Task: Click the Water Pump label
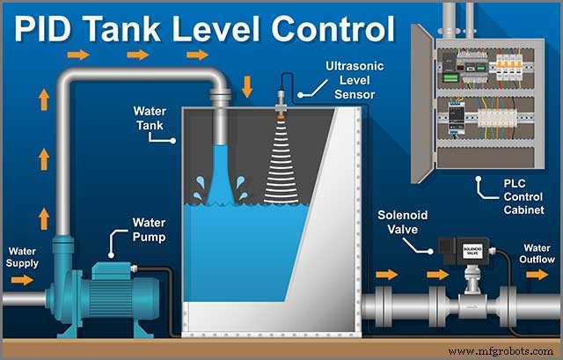(x=150, y=230)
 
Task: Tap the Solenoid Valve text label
(x=403, y=223)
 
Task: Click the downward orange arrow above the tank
(x=246, y=86)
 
